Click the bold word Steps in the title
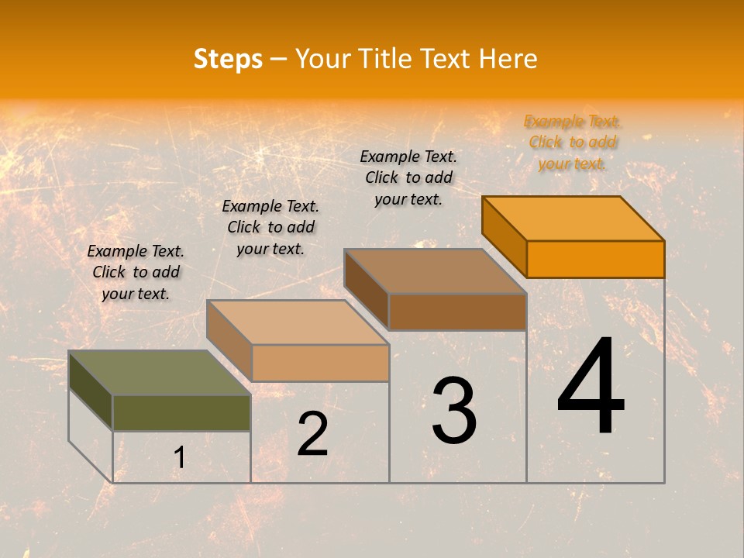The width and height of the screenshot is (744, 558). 228,59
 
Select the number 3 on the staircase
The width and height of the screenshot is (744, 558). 453,410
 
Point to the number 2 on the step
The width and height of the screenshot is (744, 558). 312,434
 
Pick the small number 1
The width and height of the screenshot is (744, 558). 179,458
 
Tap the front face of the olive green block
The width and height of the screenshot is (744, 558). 181,412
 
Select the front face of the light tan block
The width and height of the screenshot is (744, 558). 320,363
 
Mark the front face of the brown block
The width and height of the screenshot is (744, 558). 457,312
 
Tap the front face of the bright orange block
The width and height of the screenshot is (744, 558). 595,259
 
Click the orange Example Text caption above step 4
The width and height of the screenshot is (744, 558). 573,142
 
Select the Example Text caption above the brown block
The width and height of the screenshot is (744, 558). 408,177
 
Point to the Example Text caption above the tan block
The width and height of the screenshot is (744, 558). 270,227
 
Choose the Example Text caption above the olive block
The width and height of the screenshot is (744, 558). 136,272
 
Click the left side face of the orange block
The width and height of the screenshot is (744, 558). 504,236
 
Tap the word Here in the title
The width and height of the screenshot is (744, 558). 508,59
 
